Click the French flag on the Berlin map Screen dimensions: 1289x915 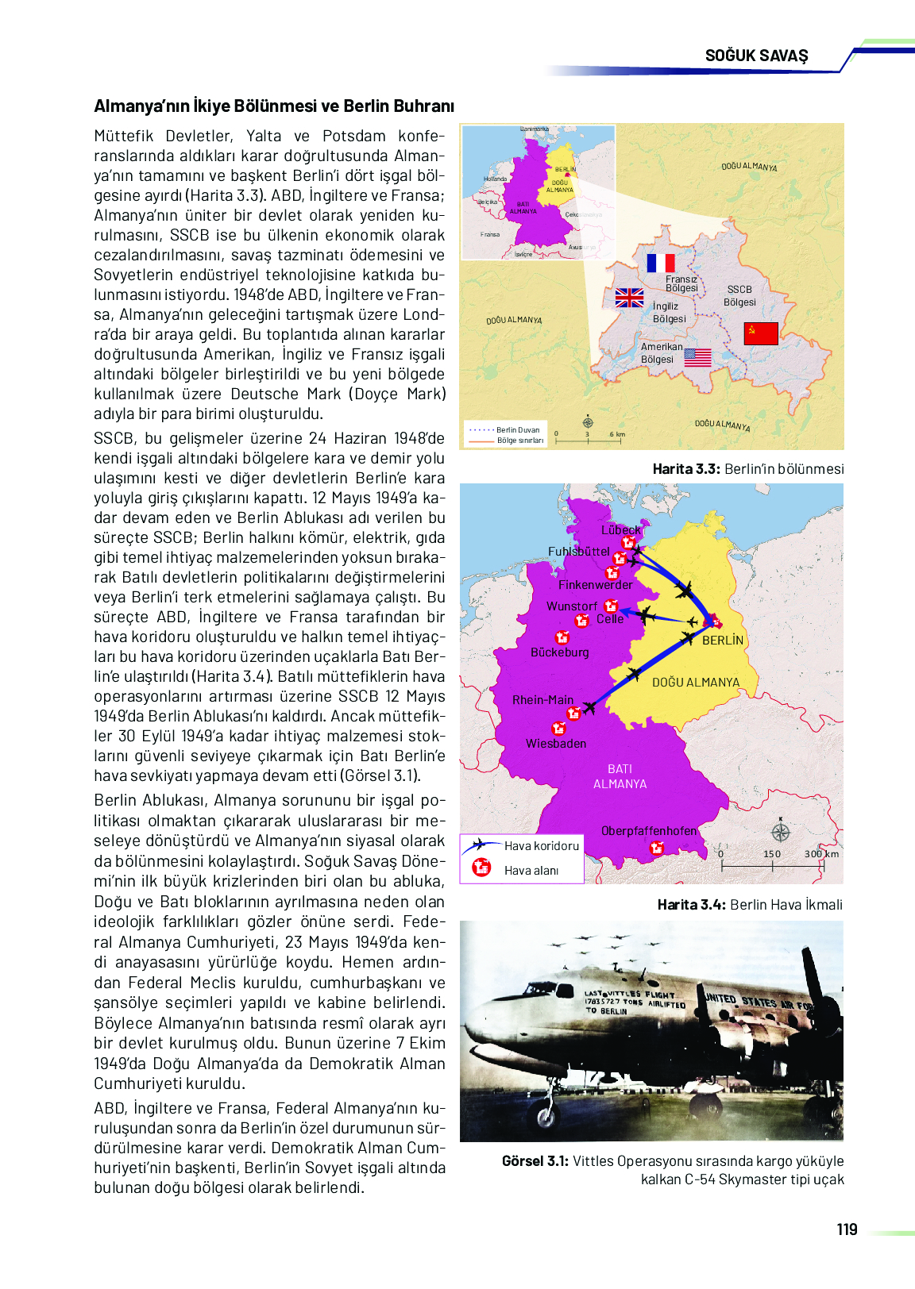click(660, 264)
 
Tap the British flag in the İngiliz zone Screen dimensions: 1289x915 click(629, 298)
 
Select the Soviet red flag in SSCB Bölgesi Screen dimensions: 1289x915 click(761, 333)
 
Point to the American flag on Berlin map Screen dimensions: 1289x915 click(697, 357)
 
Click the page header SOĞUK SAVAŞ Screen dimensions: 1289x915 click(756, 56)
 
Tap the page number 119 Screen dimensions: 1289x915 click(847, 1229)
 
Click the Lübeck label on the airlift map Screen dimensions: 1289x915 click(620, 529)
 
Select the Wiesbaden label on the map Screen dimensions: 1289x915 click(556, 744)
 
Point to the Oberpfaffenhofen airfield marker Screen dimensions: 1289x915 click(657, 848)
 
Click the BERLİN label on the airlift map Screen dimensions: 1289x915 click(723, 640)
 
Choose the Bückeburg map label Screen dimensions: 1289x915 click(560, 652)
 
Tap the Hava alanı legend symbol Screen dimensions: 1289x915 click(481, 868)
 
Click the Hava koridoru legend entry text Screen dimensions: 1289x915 click(542, 846)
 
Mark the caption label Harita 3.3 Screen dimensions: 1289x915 click(685, 469)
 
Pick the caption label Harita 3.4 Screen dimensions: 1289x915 click(691, 905)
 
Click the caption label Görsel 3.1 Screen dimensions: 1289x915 click(535, 1161)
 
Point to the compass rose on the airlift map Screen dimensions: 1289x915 click(781, 832)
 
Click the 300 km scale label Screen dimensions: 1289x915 click(821, 854)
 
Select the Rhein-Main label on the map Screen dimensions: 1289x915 click(542, 700)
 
